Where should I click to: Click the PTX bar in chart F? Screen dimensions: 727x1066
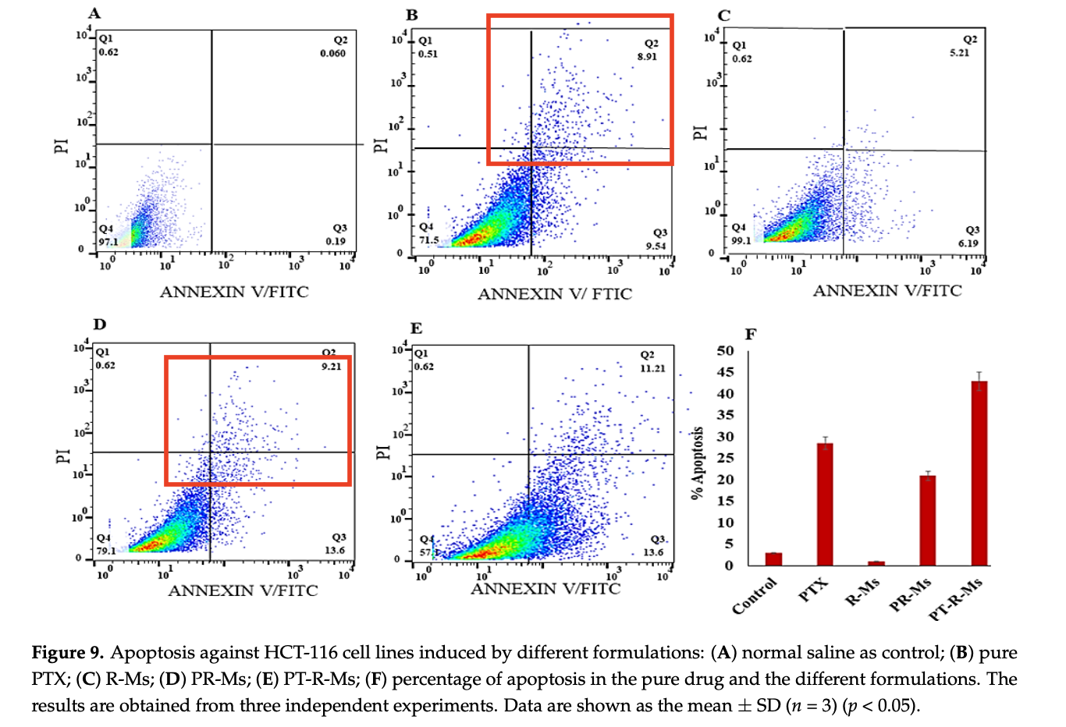825,503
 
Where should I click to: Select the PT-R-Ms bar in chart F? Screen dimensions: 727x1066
979,473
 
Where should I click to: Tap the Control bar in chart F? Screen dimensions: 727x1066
773,559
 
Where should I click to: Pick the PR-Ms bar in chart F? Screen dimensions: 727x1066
927,520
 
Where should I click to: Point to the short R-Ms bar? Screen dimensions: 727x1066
876,562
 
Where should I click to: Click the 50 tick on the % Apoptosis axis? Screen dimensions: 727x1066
725,350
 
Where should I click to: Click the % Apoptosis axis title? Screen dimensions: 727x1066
698,462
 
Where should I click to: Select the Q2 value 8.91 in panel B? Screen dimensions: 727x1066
647,57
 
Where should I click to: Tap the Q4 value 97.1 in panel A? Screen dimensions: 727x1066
108,242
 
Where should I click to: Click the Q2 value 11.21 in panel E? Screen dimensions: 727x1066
652,368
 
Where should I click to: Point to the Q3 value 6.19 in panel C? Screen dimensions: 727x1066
968,243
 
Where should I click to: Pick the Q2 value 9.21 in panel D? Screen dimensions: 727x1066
332,366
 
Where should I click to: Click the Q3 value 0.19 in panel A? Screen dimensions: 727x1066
336,241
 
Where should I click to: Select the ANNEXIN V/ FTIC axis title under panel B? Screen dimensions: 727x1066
555,294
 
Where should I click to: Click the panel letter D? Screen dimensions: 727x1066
99,324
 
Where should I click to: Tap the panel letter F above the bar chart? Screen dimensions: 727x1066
751,335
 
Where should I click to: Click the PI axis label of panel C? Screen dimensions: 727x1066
700,133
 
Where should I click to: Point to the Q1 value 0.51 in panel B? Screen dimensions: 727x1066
428,54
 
